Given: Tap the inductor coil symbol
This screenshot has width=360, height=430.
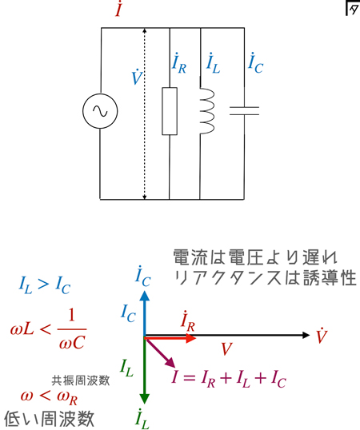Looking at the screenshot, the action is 207,111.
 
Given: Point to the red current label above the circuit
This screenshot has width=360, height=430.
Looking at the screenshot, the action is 118,10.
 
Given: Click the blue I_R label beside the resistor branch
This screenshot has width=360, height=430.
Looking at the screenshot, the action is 179,63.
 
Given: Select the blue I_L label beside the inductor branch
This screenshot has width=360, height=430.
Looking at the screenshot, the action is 214,63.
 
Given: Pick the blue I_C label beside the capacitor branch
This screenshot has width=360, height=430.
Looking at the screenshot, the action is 255,63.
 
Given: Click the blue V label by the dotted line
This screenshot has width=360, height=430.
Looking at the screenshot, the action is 137,77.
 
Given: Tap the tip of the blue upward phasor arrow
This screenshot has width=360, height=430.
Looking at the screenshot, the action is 145,291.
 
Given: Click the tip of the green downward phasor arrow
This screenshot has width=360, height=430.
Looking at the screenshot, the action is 145,403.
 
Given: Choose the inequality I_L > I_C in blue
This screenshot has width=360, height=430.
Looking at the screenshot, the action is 45,285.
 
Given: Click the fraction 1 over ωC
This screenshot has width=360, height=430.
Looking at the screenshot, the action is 72,329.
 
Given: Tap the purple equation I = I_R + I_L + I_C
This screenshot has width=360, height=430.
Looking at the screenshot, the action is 229,379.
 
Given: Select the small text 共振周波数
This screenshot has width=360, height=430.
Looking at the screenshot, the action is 81,380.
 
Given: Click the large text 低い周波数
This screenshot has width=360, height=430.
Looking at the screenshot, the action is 50,419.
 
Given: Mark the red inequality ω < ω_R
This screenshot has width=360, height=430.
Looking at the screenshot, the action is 49,397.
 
